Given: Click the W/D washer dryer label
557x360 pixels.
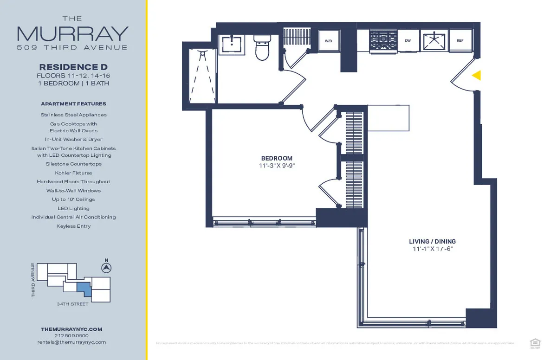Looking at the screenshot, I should (329, 41).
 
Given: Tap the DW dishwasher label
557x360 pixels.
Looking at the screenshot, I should (408, 41).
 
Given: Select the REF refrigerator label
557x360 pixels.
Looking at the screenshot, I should (460, 41).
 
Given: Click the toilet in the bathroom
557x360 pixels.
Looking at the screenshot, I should (262, 49).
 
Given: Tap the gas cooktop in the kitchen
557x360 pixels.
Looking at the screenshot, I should (383, 40).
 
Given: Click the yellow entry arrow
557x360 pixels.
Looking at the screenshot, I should (476, 75).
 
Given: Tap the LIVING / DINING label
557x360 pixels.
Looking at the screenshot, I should (432, 241).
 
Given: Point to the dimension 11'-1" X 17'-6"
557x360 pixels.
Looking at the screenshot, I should (432, 249).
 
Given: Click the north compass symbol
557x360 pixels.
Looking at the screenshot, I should (106, 268).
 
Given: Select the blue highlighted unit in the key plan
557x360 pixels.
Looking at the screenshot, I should (84, 289).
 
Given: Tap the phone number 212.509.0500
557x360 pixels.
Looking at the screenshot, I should (71, 335).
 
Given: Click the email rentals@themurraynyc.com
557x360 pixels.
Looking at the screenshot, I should (71, 342).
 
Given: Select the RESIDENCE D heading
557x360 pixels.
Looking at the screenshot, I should (73, 66).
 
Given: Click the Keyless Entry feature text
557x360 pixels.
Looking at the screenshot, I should (73, 226).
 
